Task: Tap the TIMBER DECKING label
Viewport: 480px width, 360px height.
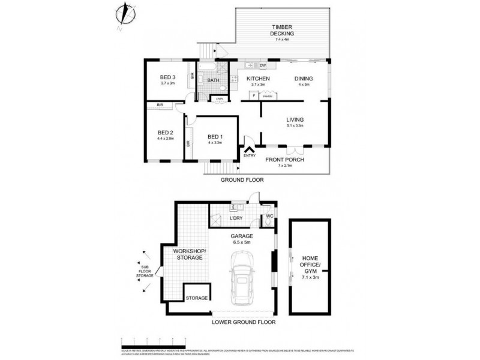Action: click(281, 31)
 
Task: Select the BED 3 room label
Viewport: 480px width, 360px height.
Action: click(167, 77)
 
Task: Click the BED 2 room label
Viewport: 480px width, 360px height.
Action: click(165, 133)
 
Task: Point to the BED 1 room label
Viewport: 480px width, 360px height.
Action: click(214, 136)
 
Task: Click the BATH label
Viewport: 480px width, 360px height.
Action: click(213, 80)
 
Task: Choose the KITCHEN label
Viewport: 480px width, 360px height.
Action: click(257, 79)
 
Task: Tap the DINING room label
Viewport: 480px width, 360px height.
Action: click(305, 79)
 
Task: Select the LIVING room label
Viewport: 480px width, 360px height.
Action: click(295, 119)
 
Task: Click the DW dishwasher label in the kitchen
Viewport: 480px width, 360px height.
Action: click(262, 65)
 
